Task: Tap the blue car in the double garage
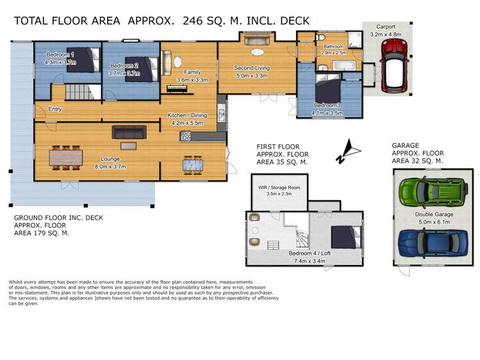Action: [433, 243]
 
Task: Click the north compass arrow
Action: [349, 151]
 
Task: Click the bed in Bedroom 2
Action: [142, 69]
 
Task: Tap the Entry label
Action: [55, 109]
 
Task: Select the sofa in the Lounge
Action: [129, 132]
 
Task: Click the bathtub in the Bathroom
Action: [344, 66]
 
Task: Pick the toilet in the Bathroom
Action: [321, 37]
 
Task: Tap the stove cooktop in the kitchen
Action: [185, 136]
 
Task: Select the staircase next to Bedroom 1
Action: [78, 92]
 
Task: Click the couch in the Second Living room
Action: [257, 40]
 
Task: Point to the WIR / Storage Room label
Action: [279, 188]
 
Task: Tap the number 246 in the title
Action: [192, 20]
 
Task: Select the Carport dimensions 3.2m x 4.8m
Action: [385, 35]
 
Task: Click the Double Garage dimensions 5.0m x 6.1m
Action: [434, 222]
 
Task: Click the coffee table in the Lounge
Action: [128, 146]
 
